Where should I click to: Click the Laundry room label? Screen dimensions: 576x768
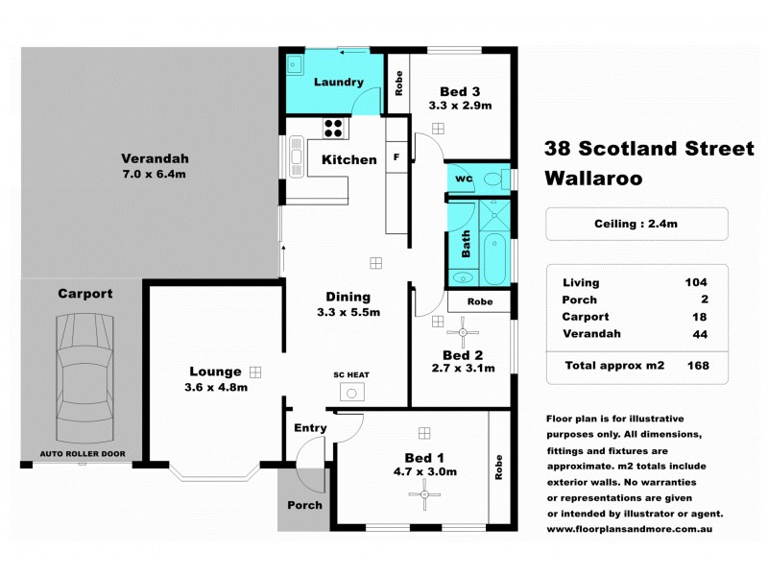(x=338, y=83)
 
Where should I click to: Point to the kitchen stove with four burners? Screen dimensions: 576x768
(x=335, y=127)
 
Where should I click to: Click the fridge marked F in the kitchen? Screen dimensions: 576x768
(x=396, y=156)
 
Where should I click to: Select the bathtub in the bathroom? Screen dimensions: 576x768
(x=495, y=257)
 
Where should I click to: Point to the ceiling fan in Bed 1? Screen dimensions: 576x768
(x=422, y=495)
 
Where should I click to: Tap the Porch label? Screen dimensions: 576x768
(x=305, y=505)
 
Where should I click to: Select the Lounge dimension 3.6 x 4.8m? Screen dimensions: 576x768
(x=215, y=388)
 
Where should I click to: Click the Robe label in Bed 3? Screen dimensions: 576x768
(x=398, y=83)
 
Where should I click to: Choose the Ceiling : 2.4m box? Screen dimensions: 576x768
(x=636, y=225)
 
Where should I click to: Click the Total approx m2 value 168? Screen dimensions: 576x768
(x=698, y=366)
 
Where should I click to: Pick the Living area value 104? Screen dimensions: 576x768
(x=697, y=282)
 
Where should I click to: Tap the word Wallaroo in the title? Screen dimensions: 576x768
(x=592, y=178)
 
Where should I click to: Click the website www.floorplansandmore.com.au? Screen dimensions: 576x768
(x=635, y=528)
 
